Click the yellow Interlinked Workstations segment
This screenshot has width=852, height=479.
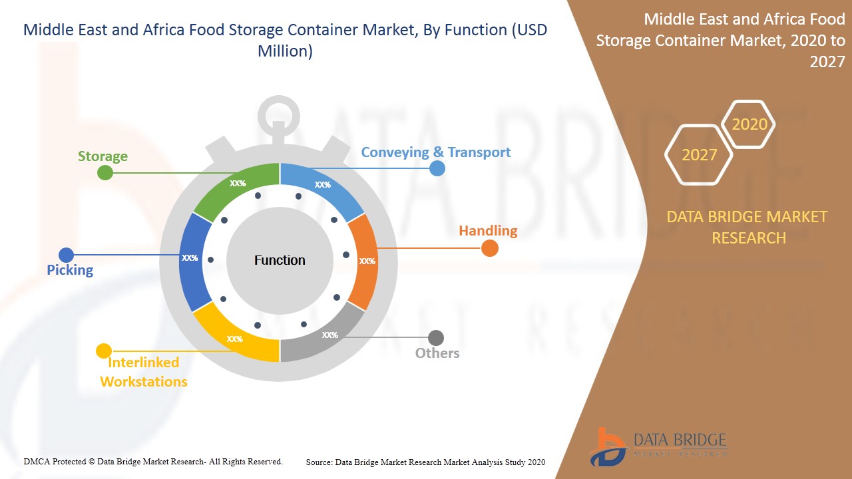236,336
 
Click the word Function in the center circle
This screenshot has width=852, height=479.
280,260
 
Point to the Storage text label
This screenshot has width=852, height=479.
103,156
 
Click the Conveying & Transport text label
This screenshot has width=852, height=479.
435,152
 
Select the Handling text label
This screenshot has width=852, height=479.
488,231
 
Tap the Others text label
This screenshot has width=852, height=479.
437,353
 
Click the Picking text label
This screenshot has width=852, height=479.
70,269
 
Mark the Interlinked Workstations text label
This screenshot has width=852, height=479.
143,372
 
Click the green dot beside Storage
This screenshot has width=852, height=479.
105,173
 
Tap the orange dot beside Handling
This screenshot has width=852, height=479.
489,248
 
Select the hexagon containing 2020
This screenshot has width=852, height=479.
749,124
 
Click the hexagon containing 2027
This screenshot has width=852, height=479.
699,155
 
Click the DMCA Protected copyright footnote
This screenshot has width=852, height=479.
153,461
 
